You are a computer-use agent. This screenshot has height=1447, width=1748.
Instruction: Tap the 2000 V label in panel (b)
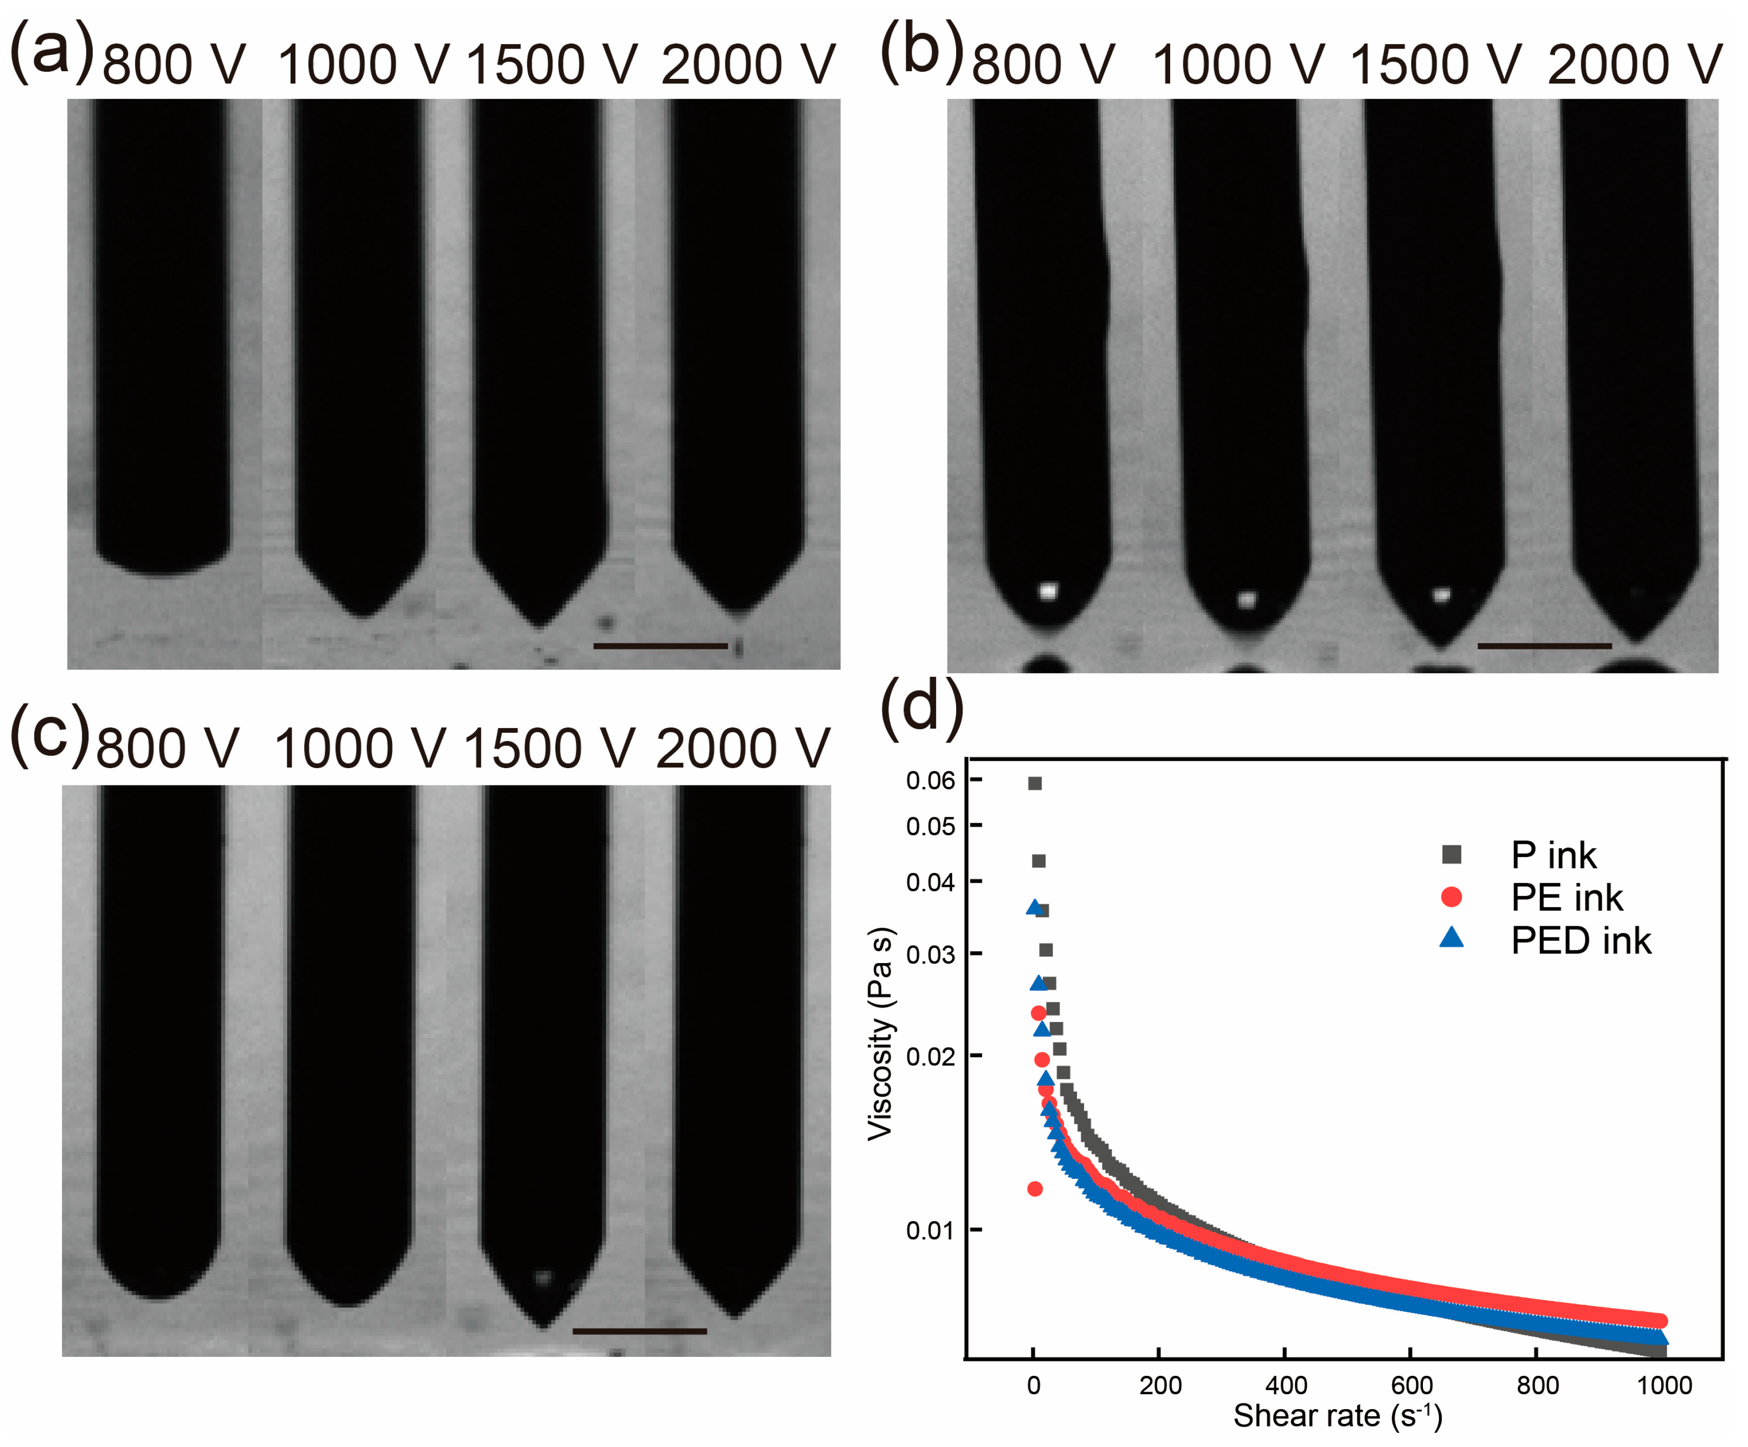1634,64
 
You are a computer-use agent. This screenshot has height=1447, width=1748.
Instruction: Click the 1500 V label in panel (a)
551,64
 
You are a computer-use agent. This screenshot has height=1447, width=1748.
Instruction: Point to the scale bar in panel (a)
660,645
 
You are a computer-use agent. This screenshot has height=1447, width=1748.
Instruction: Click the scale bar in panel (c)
639,1330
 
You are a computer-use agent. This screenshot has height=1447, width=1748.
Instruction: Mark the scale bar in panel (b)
1544,645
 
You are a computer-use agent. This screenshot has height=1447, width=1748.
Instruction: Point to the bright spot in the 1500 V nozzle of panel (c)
543,1276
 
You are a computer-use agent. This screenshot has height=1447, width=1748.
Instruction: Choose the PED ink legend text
1581,941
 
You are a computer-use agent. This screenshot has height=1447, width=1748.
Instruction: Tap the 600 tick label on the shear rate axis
1412,1386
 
